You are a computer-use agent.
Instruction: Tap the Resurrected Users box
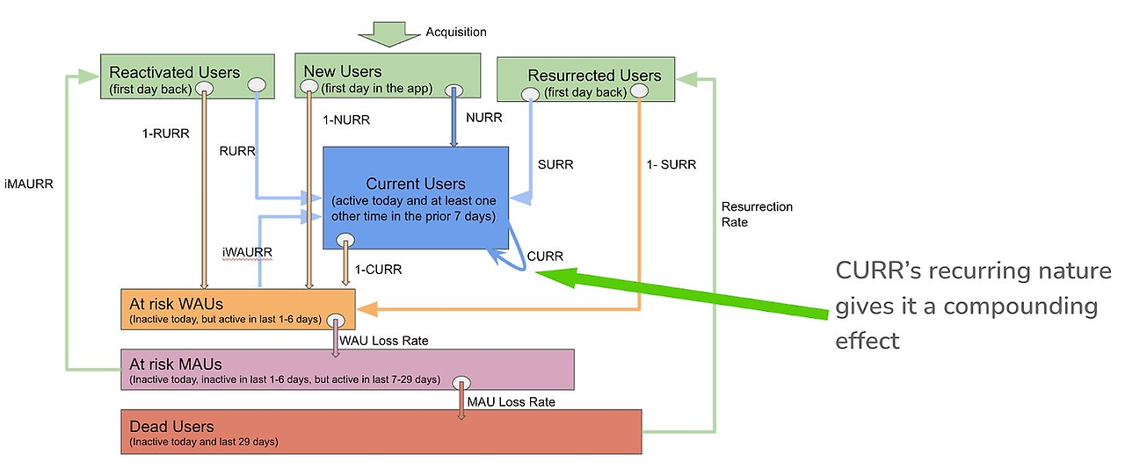pyautogui.click(x=584, y=80)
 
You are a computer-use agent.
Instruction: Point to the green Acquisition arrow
pyautogui.click(x=388, y=34)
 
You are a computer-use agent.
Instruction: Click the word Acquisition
pyautogui.click(x=456, y=32)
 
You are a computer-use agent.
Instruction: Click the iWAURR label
pyautogui.click(x=247, y=252)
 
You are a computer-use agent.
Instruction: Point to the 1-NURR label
pyautogui.click(x=345, y=119)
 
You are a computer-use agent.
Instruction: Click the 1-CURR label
pyautogui.click(x=378, y=270)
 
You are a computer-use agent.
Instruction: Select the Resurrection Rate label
pyautogui.click(x=757, y=214)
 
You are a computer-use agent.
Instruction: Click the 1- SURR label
pyautogui.click(x=671, y=164)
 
